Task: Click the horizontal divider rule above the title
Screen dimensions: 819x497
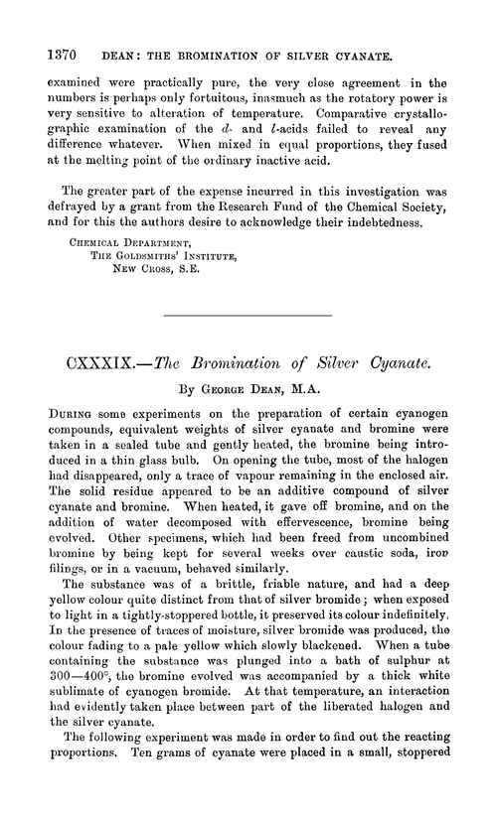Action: [248, 316]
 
